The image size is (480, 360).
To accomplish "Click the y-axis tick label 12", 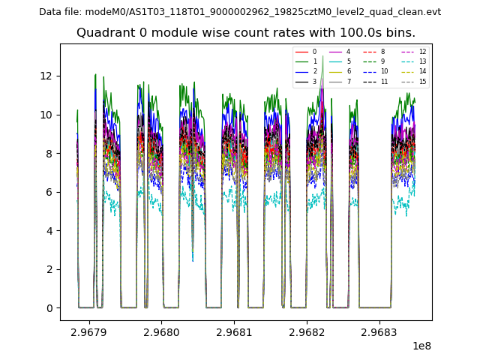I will [x=47, y=76].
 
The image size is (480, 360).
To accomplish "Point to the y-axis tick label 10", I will [x=47, y=115].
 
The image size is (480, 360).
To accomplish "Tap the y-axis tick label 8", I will [x=49, y=154].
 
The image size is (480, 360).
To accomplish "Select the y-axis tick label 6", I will [x=49, y=192].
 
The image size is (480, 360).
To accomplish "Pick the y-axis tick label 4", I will [x=49, y=231].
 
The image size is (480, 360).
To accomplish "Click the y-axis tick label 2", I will [x=49, y=269].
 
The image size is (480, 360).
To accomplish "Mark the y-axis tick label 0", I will [x=49, y=308].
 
